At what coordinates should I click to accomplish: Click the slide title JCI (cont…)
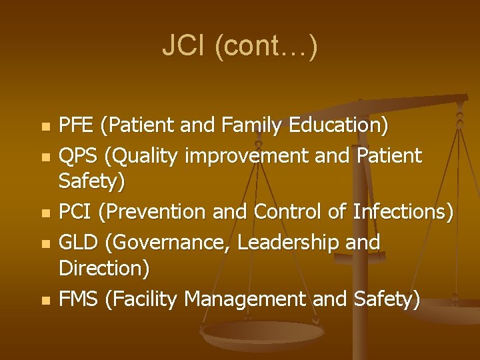240,47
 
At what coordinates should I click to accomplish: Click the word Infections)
403,212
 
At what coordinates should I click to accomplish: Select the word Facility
142,299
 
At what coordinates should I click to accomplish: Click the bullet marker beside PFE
45,127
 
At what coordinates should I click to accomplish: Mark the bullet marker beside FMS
45,301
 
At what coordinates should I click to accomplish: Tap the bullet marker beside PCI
45,214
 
